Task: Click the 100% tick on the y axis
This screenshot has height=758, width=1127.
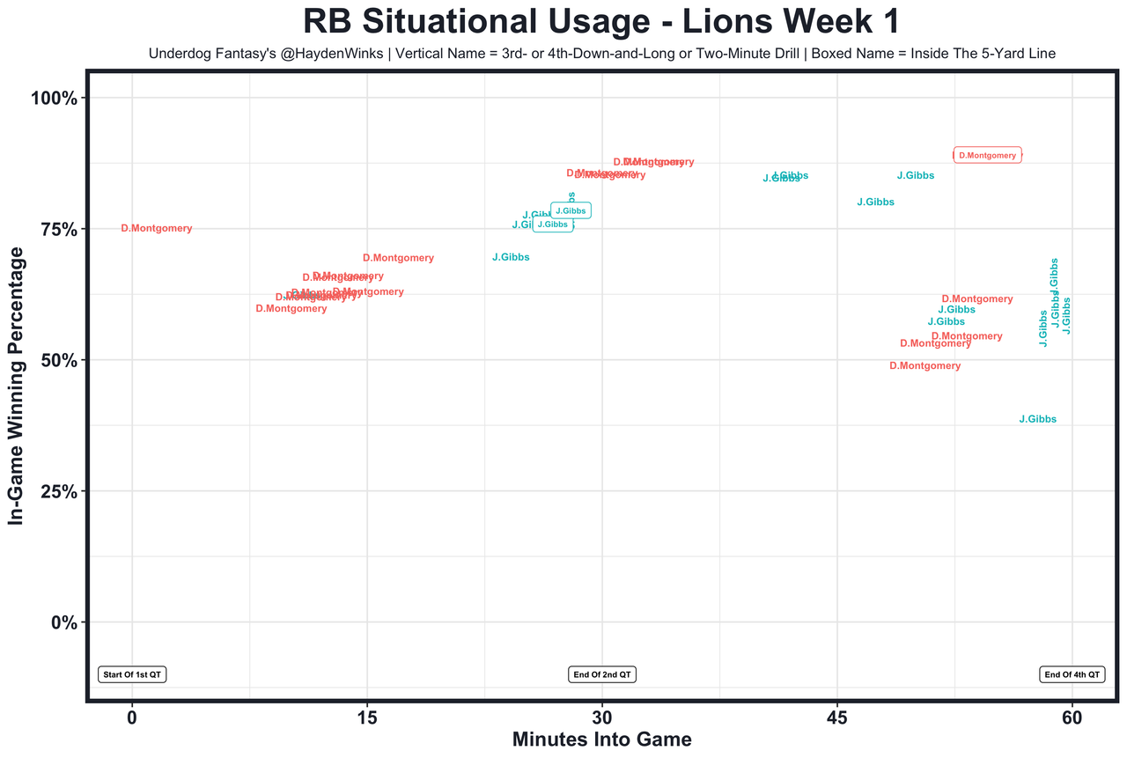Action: (55, 98)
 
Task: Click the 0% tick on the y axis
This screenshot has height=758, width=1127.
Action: (64, 622)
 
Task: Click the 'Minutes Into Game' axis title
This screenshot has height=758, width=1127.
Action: (602, 740)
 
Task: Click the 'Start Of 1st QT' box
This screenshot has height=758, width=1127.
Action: (132, 674)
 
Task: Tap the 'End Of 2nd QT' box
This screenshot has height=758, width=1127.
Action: (602, 674)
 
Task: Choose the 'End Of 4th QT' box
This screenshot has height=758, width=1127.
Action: (1072, 674)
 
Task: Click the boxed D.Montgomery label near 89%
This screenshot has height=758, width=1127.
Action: (987, 155)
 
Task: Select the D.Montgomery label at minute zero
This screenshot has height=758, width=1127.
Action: (156, 229)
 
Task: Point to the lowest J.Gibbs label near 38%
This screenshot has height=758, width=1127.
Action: (1037, 420)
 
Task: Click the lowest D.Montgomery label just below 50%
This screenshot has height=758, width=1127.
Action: (924, 366)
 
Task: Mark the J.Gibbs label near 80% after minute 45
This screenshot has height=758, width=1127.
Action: (875, 202)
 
